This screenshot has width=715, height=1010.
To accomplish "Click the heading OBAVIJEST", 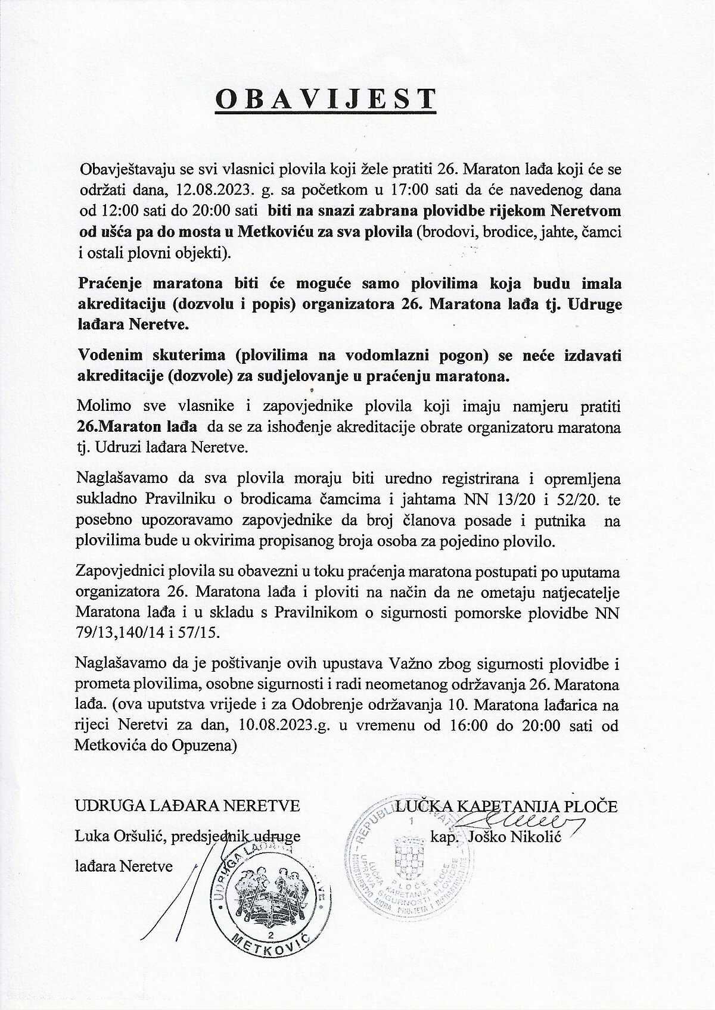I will point(325,99).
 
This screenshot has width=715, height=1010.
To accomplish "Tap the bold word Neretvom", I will point(585,210).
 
